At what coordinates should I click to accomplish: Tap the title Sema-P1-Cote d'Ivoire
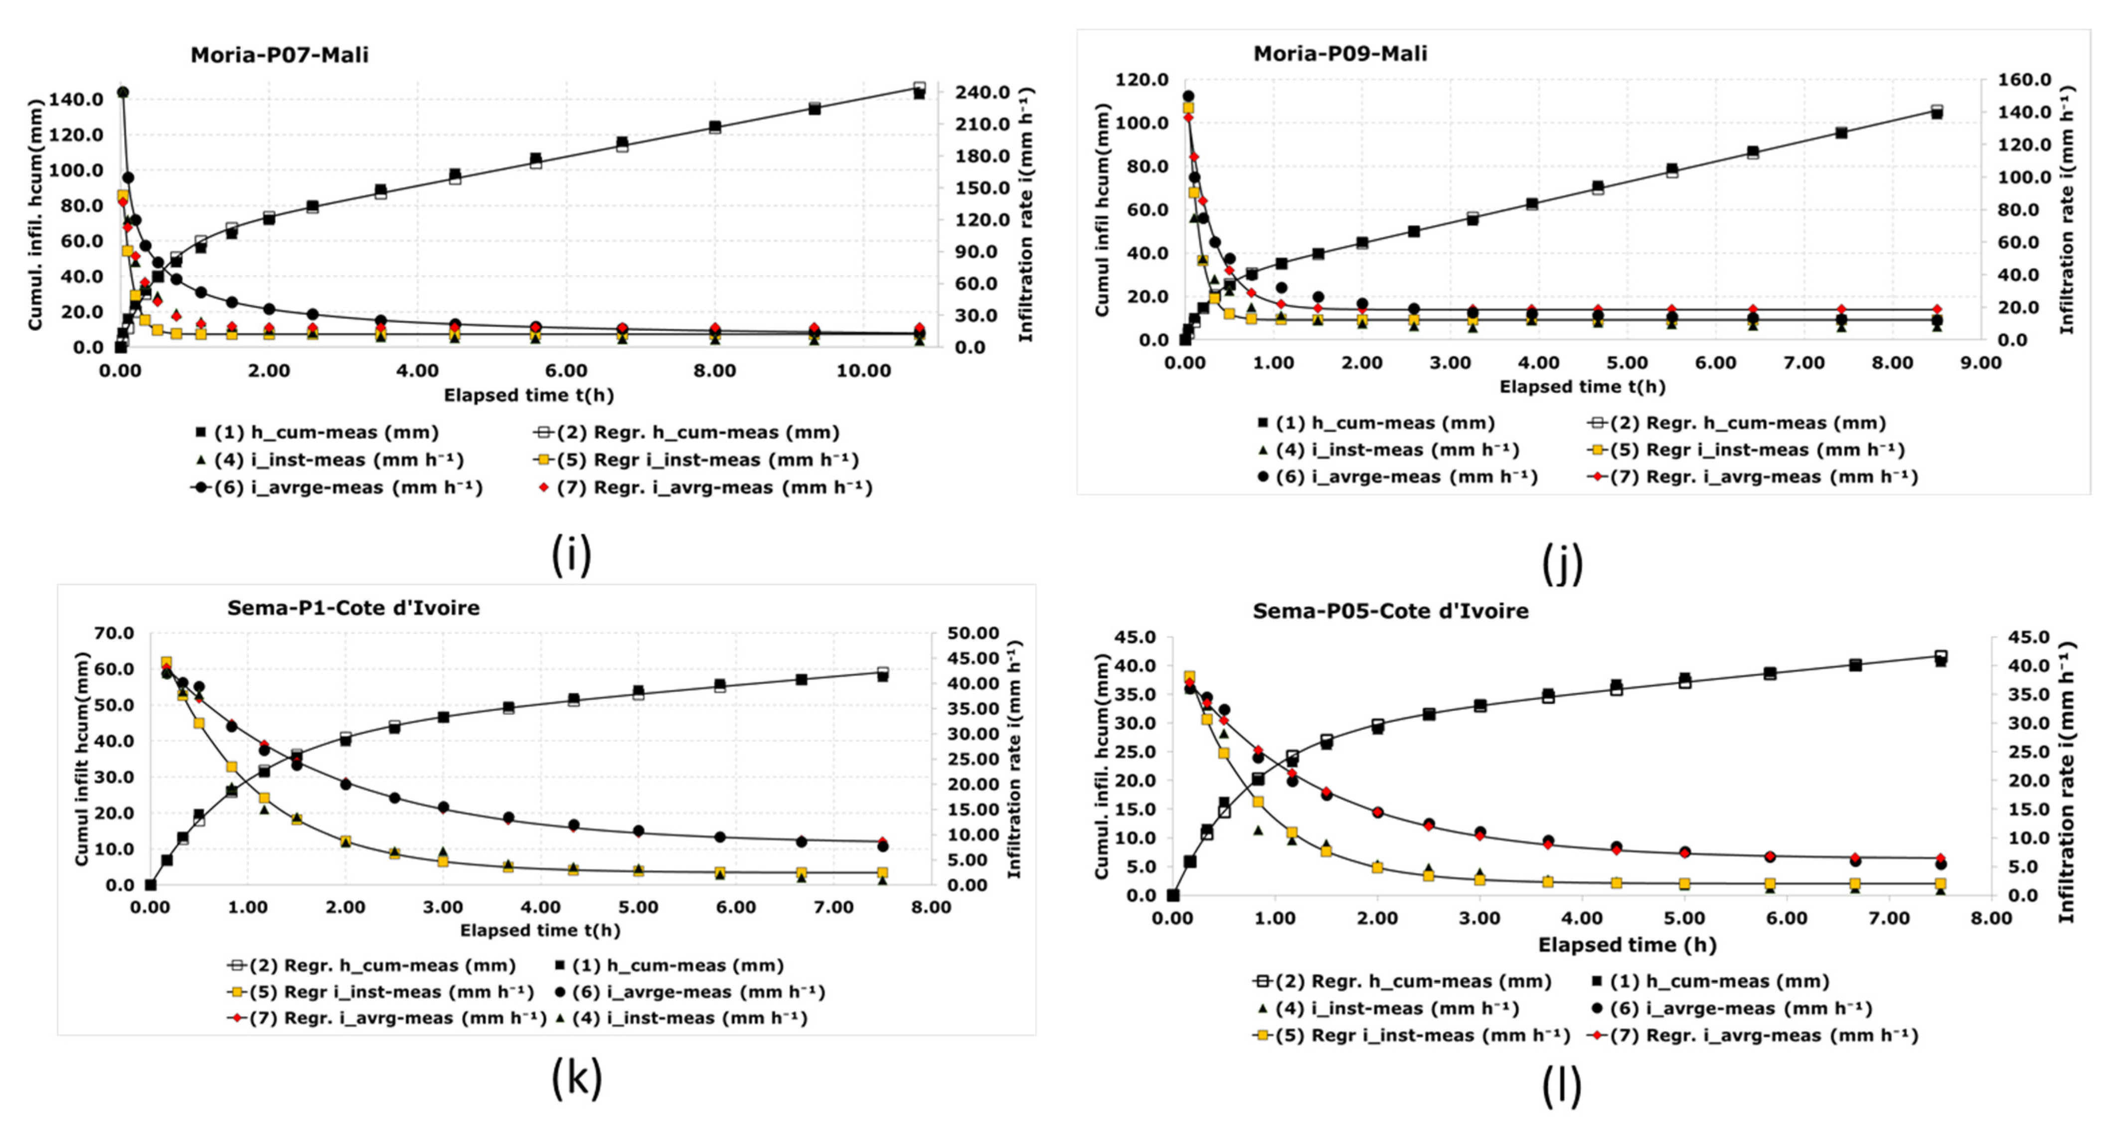pyautogui.click(x=353, y=608)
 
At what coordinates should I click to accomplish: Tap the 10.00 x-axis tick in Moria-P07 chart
pyautogui.click(x=863, y=371)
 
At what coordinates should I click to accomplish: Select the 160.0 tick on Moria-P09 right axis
pyautogui.click(x=2023, y=80)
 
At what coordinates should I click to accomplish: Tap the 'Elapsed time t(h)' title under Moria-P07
pyautogui.click(x=528, y=395)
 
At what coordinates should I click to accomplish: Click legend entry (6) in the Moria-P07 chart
pyautogui.click(x=337, y=488)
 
